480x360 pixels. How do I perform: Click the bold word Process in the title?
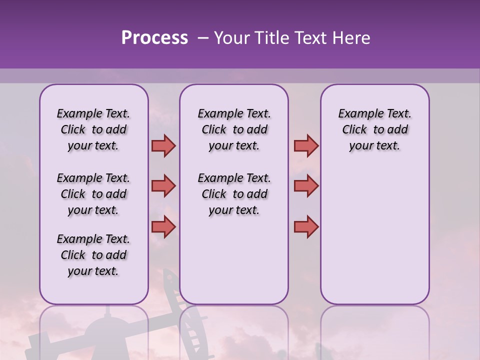coord(154,38)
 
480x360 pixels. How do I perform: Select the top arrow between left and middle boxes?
coord(163,146)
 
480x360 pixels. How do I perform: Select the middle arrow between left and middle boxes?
coord(163,186)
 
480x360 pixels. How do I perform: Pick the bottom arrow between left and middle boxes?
coord(163,226)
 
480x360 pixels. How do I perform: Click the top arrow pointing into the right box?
coord(306,146)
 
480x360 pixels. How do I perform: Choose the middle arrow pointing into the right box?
coord(306,186)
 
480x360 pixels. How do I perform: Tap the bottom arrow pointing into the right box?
coord(306,226)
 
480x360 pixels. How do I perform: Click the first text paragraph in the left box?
coord(93,129)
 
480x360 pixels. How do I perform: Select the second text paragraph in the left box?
coord(93,194)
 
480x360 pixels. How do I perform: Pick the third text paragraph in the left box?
coord(93,255)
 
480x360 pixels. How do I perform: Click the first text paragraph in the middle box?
coord(234,129)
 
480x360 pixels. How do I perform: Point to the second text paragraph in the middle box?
coord(234,194)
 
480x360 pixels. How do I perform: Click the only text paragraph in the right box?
coord(374,129)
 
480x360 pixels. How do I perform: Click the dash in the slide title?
coord(203,38)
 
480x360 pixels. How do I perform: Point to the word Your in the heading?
coord(231,38)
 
